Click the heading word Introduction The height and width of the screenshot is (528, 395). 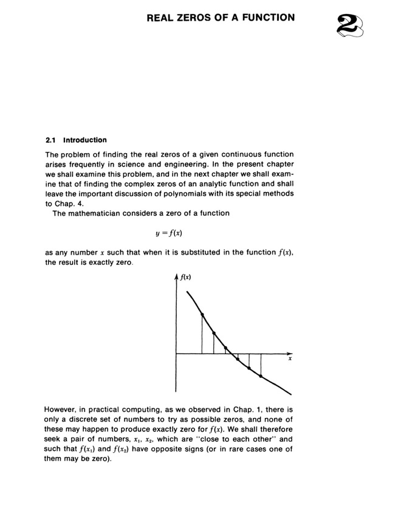pos(84,140)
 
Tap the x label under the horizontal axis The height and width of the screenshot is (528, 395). pos(290,360)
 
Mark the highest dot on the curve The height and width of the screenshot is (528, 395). pos(202,314)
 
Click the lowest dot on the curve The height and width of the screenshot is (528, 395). pos(261,377)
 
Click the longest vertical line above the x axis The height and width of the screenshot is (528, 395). pos(202,334)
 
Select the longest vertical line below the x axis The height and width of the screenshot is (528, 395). pos(261,365)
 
